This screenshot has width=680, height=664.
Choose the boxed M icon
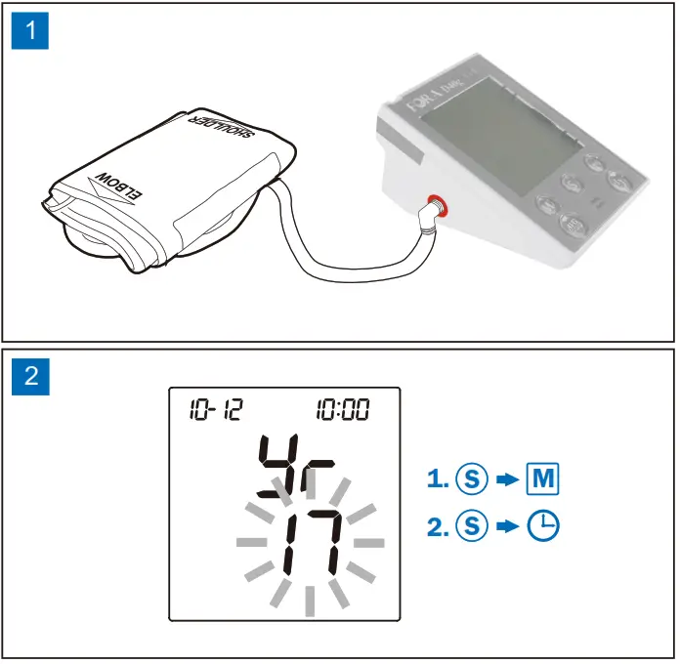pyautogui.click(x=543, y=479)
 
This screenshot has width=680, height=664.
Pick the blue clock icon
pyautogui.click(x=544, y=527)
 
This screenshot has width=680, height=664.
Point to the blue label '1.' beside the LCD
pyautogui.click(x=438, y=479)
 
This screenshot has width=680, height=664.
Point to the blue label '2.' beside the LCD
pyautogui.click(x=438, y=527)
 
